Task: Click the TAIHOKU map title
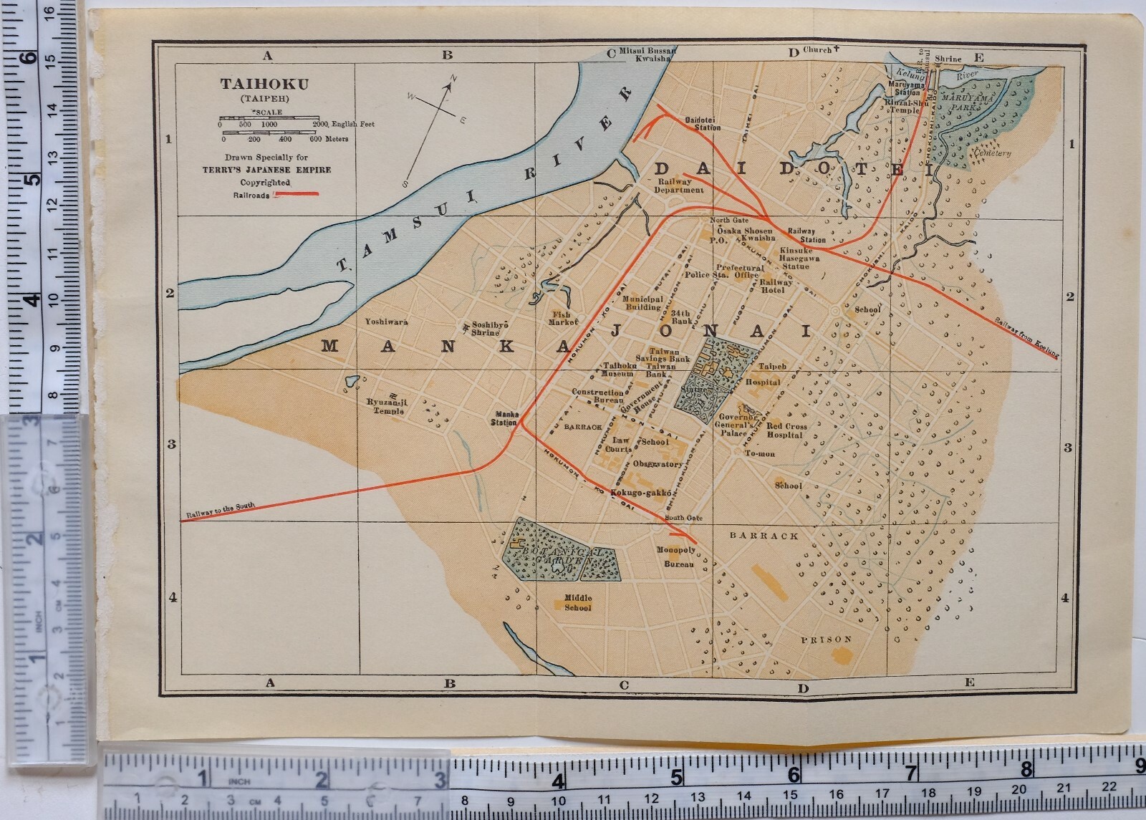point(264,84)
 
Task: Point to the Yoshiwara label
point(386,322)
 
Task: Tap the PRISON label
point(827,640)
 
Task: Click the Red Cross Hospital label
point(786,430)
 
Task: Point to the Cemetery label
point(992,153)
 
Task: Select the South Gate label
point(684,518)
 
